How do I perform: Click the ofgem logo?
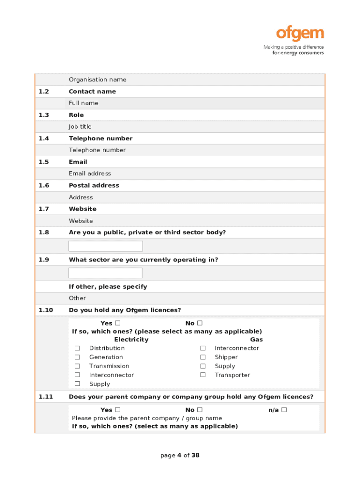click(300, 34)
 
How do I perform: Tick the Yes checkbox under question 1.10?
click(118, 323)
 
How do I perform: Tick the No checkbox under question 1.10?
click(200, 323)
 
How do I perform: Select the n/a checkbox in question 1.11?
click(284, 410)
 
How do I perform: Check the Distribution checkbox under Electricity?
click(78, 348)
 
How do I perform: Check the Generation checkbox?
click(78, 357)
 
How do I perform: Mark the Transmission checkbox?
click(78, 366)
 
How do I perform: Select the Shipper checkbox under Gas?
click(203, 357)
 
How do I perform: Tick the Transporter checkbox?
click(203, 375)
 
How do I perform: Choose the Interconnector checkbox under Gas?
click(203, 348)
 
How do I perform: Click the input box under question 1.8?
click(106, 246)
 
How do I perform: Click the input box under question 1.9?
click(106, 273)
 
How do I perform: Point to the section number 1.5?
click(43, 162)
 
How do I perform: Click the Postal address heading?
click(94, 185)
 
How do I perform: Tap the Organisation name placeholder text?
click(97, 80)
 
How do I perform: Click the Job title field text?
click(80, 126)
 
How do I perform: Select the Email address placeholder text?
click(90, 174)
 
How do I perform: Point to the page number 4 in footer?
click(179, 455)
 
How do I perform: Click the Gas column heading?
click(256, 340)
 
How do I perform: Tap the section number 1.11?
click(46, 397)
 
